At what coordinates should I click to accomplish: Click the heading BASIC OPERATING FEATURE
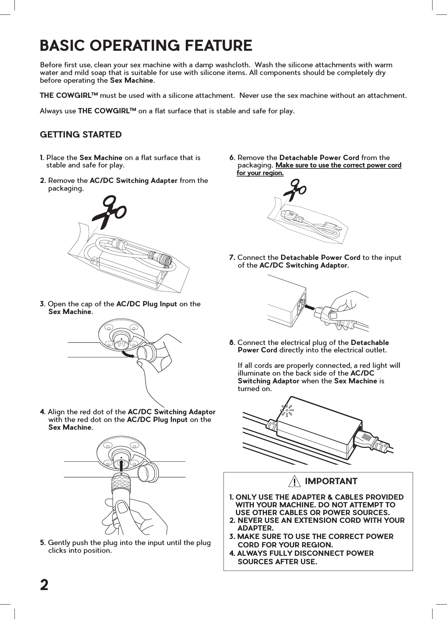coord(146,45)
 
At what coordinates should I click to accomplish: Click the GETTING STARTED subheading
coord(81,135)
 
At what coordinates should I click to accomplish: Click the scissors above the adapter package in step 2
coord(109,213)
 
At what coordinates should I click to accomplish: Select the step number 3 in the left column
coord(42,304)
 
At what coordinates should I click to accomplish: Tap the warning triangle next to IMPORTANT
coord(295,482)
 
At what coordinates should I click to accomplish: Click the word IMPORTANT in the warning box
coord(331,481)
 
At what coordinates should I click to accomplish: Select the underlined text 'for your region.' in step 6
coord(260,173)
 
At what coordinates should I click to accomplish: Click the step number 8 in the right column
coord(232,343)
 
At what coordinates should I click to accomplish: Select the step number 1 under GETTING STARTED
coord(41,158)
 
